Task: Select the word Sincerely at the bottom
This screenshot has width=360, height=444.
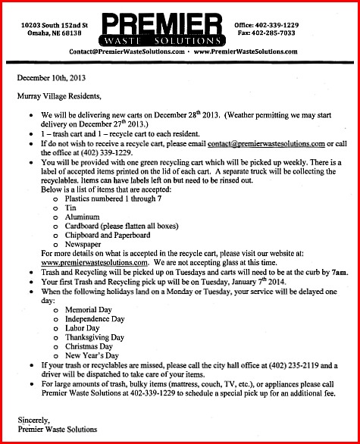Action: (34, 419)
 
